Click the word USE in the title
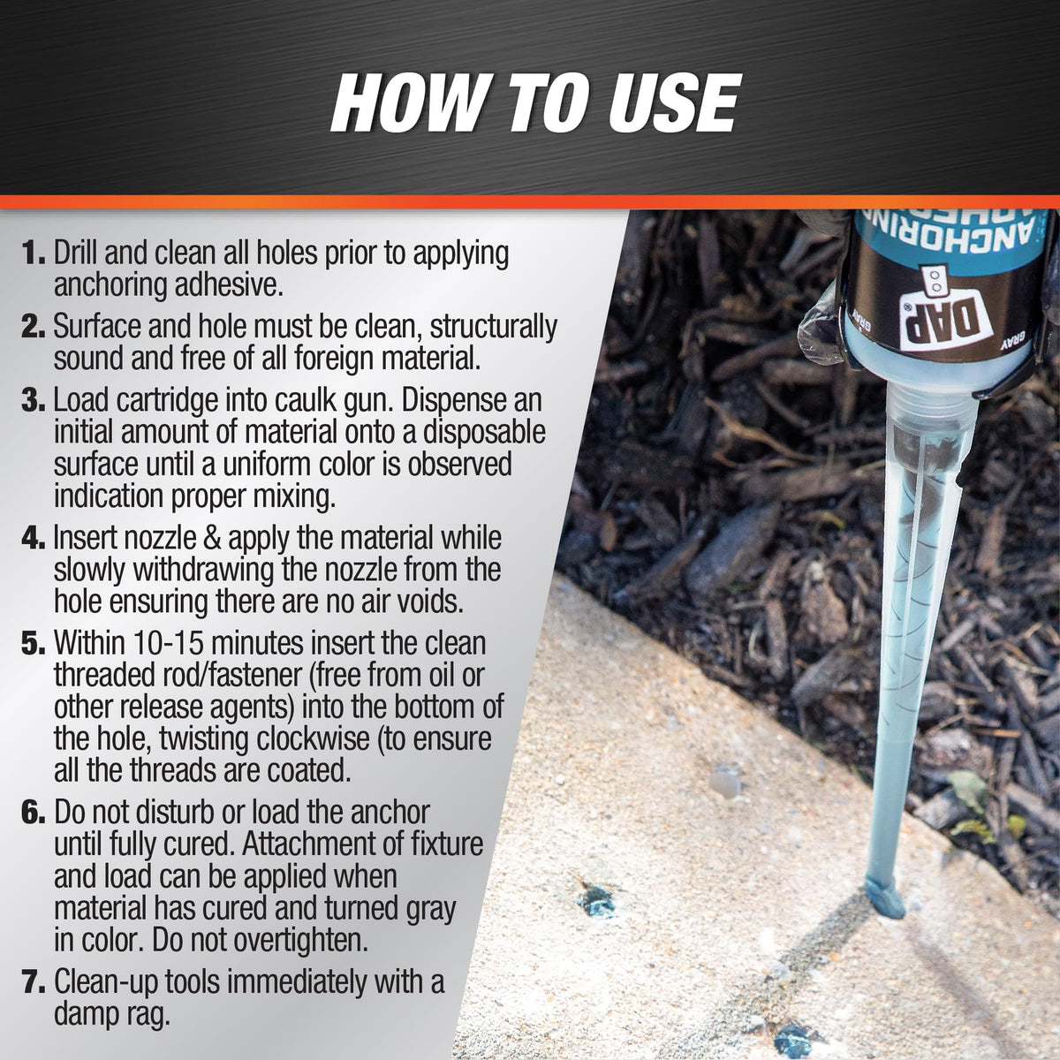669,104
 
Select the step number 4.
32,538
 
